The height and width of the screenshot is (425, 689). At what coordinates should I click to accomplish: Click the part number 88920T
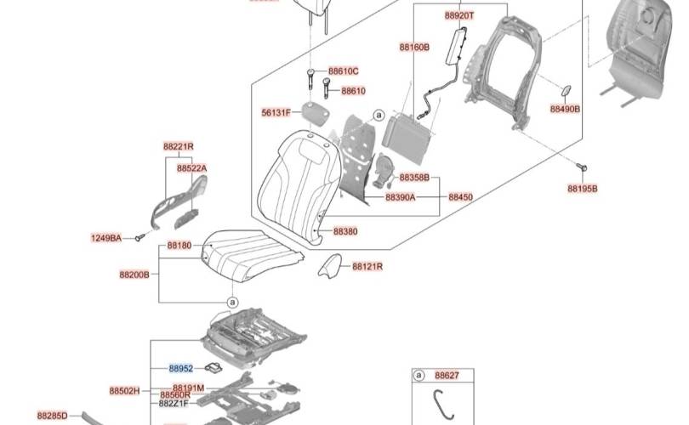(x=460, y=15)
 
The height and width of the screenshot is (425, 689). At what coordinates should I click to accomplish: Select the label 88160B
(x=414, y=48)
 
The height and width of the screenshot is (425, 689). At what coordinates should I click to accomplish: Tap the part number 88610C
(x=344, y=71)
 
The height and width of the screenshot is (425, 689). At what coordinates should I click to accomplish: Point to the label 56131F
(x=276, y=112)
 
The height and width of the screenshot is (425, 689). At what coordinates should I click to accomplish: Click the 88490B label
(x=565, y=110)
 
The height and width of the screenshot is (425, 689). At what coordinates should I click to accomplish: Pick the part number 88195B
(x=583, y=188)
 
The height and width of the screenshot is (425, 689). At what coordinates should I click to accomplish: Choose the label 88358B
(x=414, y=178)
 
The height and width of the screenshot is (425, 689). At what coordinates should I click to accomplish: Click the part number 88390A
(x=400, y=197)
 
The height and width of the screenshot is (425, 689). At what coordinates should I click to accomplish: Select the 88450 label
(x=460, y=197)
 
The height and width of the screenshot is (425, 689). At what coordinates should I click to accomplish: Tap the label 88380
(x=345, y=231)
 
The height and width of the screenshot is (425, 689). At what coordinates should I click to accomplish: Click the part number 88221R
(x=179, y=146)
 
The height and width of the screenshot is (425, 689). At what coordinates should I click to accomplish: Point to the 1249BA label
(x=106, y=238)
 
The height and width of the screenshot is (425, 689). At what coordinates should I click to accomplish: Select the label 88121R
(x=367, y=266)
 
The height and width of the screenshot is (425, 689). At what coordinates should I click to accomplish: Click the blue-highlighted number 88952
(x=181, y=369)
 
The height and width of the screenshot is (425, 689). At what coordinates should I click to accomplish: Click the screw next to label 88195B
(x=582, y=167)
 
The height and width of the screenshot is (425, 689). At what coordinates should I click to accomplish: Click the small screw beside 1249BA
(x=136, y=239)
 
